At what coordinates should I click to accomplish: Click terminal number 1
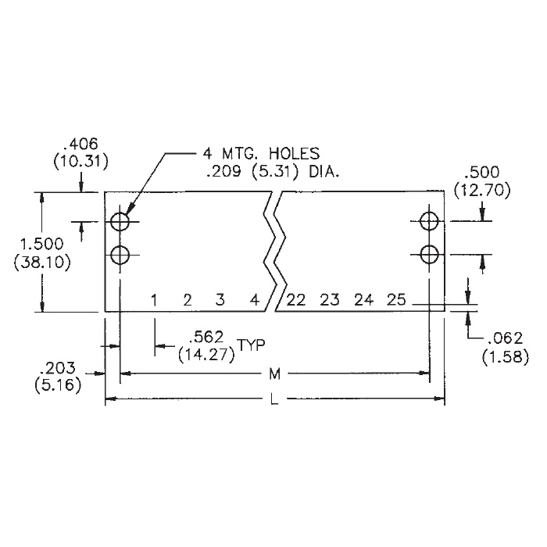pos(154,300)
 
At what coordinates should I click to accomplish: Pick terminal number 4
pos(256,300)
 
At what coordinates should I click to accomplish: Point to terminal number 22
pos(296,300)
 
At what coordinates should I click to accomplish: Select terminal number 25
pos(396,300)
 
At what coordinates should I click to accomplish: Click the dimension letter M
pos(275,374)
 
